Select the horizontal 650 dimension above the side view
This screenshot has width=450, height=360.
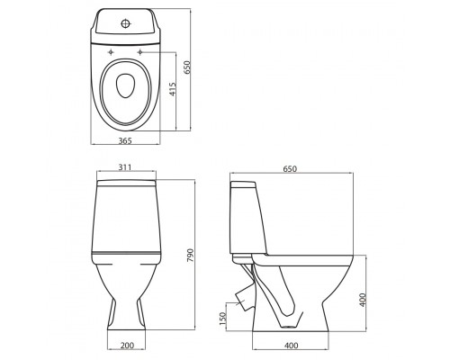[x=290, y=169]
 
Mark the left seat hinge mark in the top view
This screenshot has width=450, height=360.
[x=110, y=53]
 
